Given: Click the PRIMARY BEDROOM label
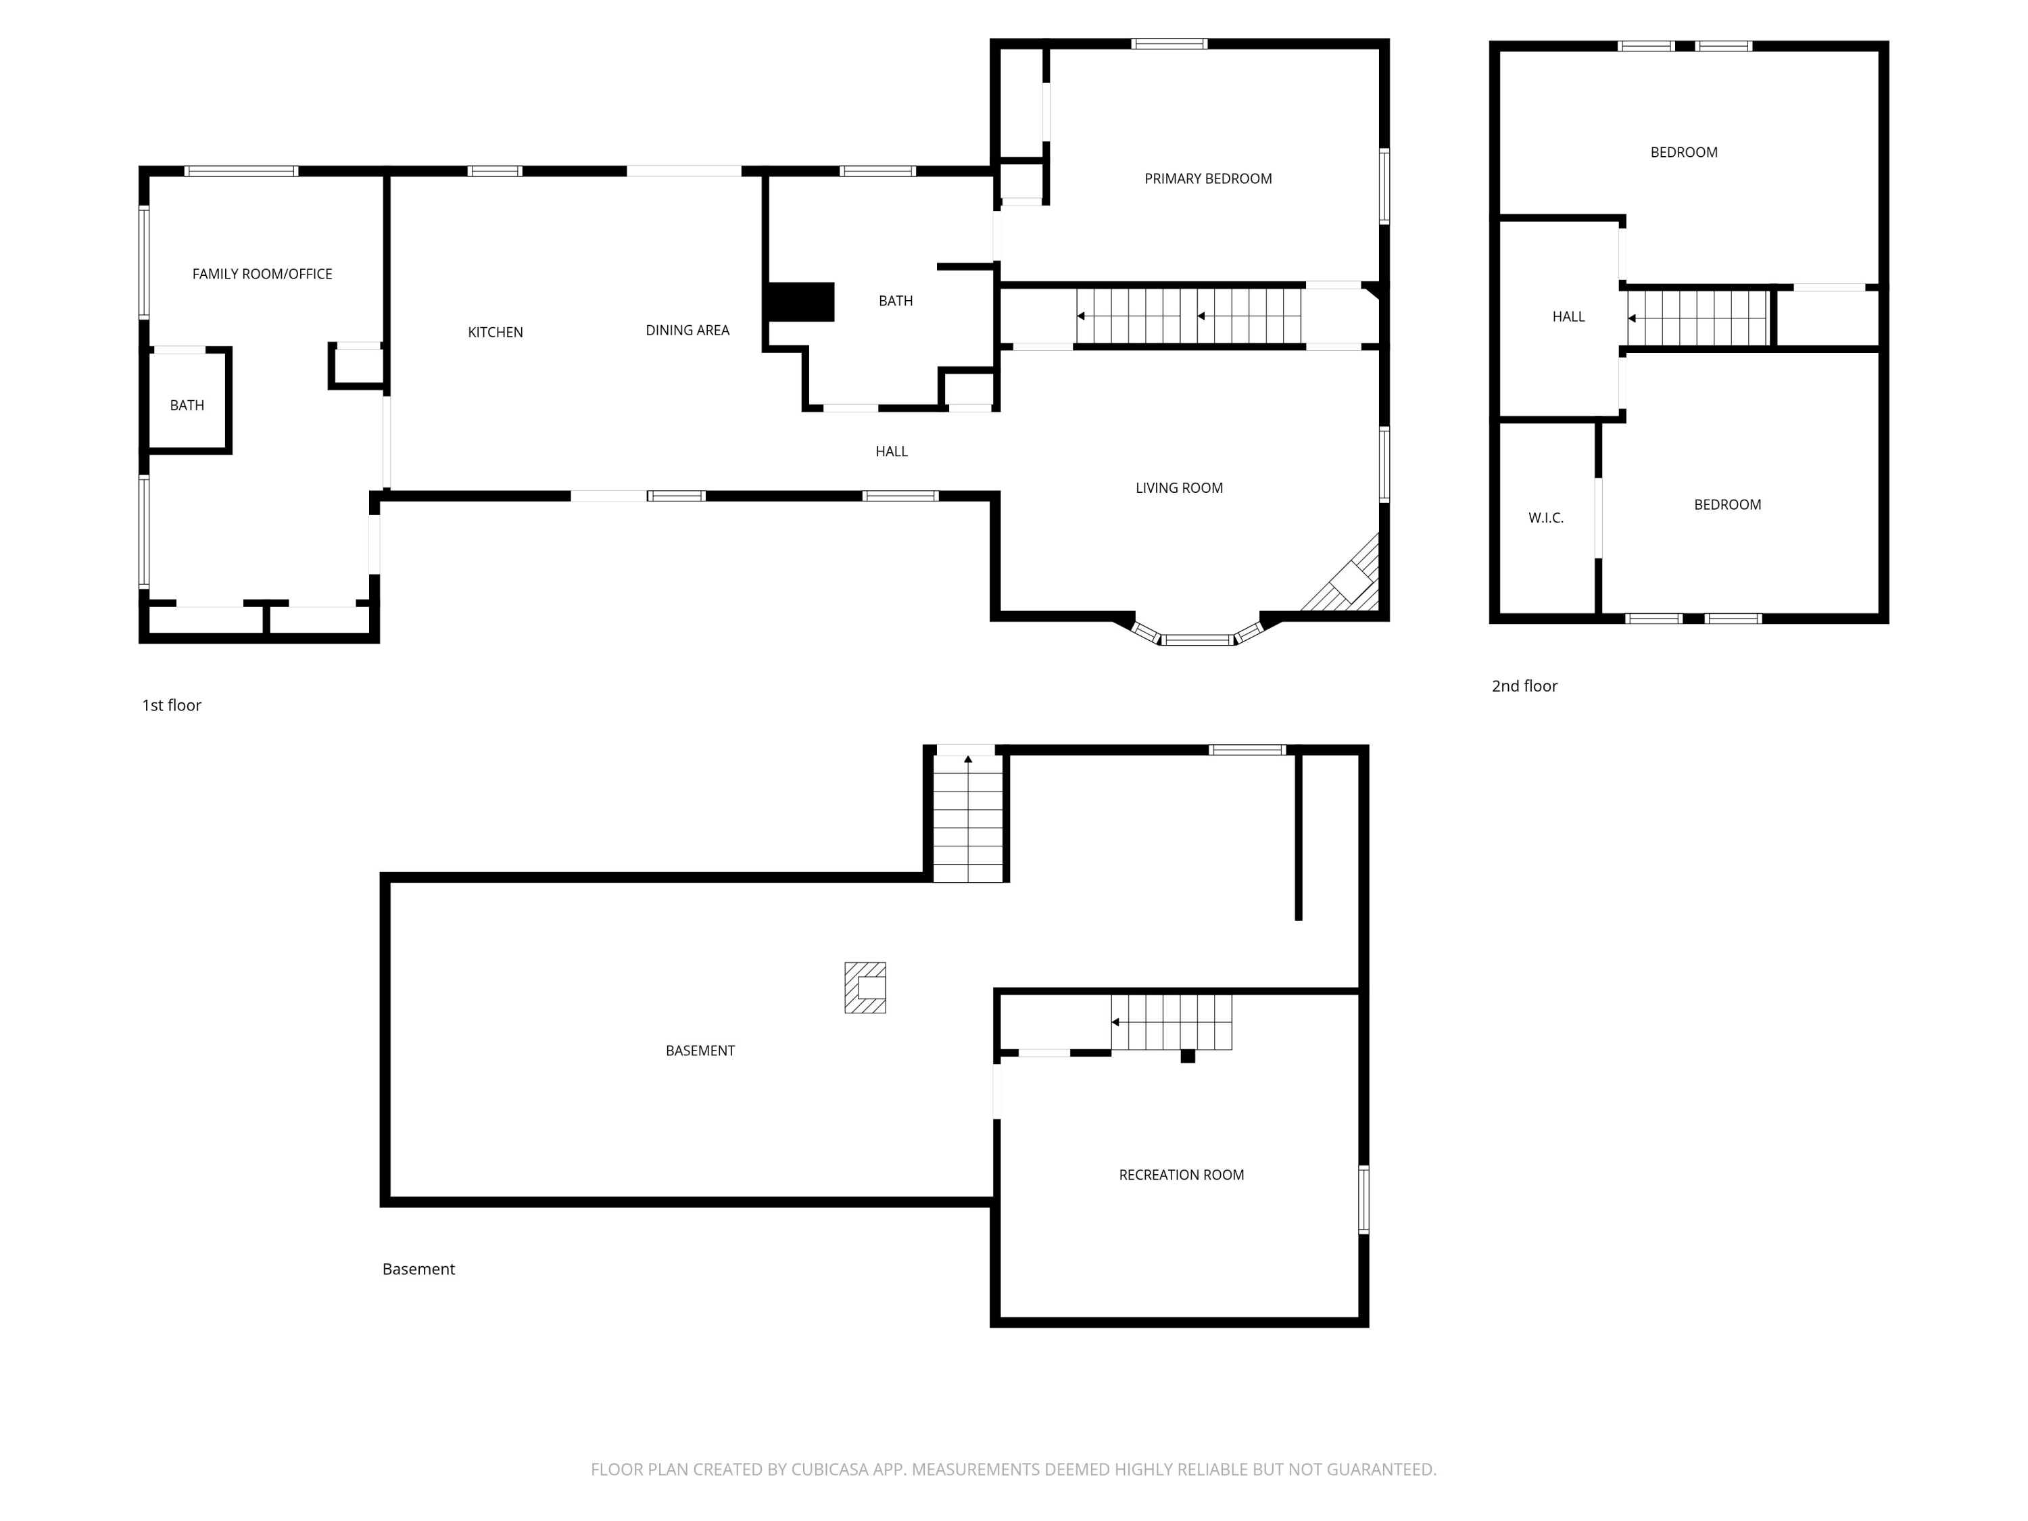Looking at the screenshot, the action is pos(1207,178).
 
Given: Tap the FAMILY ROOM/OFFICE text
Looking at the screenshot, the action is pos(262,274).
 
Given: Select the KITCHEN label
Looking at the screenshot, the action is pos(495,332).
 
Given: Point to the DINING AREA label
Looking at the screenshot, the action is pos(687,330).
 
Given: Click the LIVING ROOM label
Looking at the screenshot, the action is pos(1179,488).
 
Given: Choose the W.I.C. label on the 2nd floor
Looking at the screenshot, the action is pos(1546,518).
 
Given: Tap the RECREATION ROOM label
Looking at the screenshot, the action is pos(1181,1174).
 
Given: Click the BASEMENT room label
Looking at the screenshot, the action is pos(700,1051).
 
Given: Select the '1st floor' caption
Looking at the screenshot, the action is pos(172,705).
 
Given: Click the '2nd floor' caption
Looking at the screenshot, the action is pos(1524,685).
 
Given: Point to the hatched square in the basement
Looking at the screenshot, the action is pos(865,988).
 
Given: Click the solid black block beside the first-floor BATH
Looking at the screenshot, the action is pos(800,301).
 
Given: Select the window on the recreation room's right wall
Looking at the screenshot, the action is pos(1363,1199).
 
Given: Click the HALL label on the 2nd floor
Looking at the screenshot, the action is pos(1569,316).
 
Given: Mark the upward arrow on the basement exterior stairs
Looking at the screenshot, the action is pos(968,759).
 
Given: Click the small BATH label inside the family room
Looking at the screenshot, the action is pos(187,405).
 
